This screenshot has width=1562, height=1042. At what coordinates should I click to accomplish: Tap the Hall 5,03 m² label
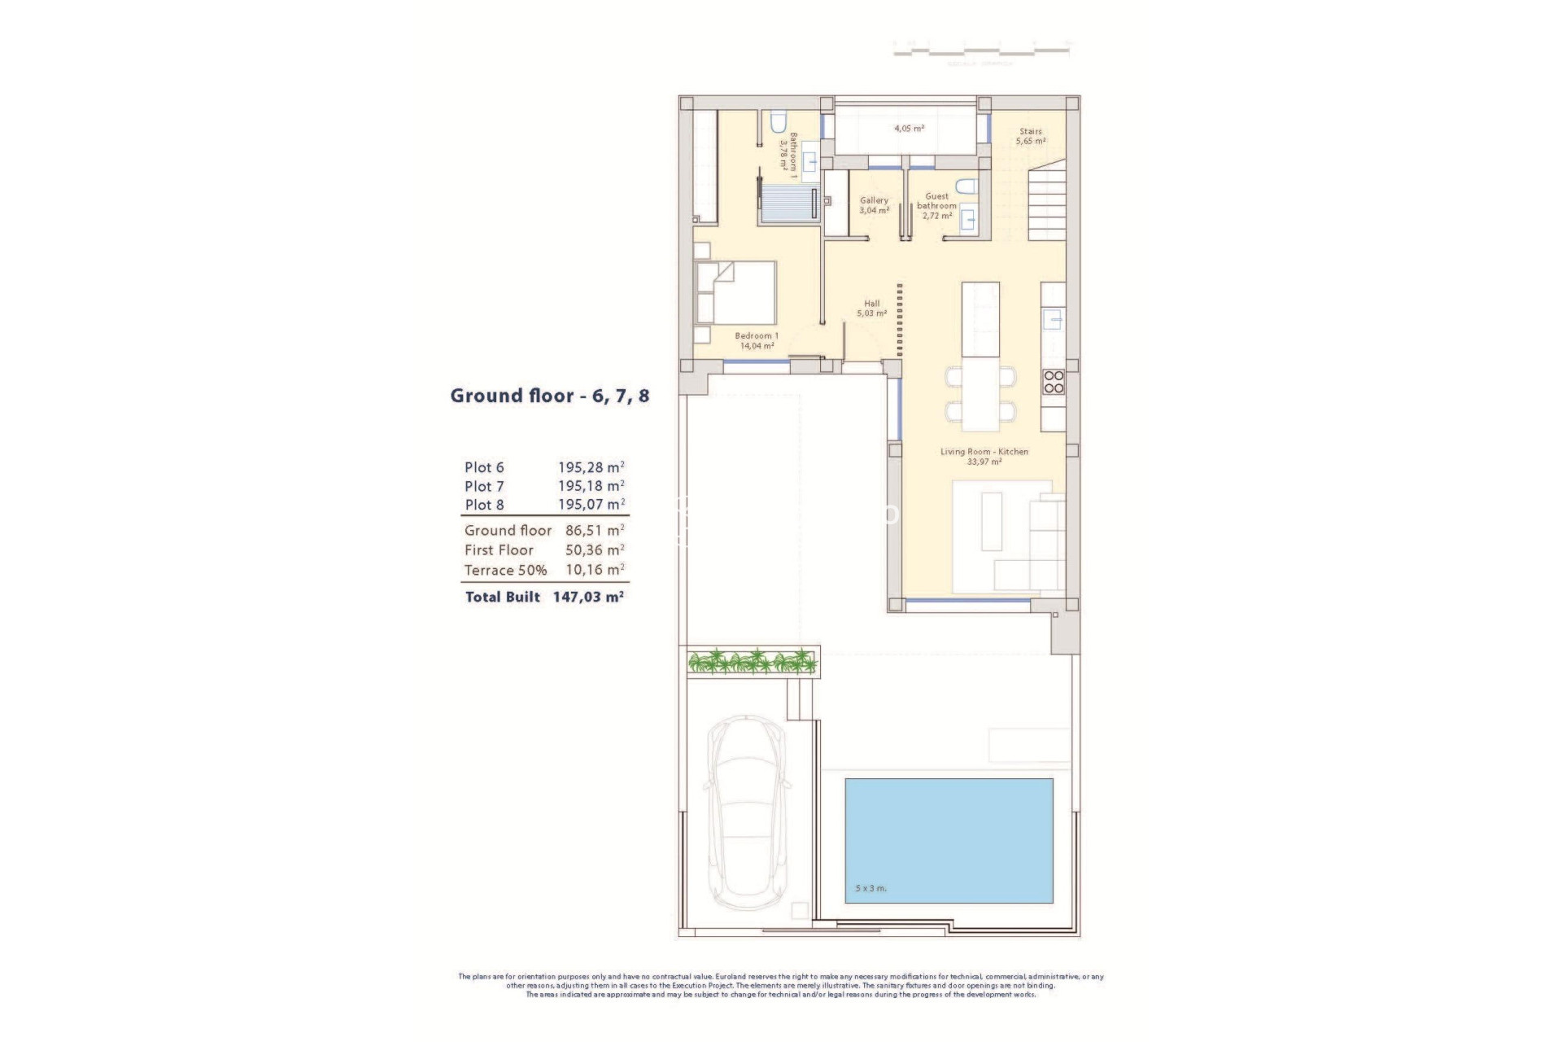[871, 308]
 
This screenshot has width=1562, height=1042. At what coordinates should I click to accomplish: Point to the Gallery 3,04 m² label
[875, 205]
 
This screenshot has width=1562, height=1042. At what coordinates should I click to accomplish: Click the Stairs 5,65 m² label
[1030, 136]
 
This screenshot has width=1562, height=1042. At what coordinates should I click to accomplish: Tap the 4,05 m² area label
[909, 129]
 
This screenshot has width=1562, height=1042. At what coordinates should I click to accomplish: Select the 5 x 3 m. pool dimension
[870, 888]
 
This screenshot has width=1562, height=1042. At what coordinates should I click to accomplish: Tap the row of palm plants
[752, 661]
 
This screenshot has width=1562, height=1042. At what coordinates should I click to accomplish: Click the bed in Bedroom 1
[735, 293]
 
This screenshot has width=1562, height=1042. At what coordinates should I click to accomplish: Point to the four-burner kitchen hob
[1054, 382]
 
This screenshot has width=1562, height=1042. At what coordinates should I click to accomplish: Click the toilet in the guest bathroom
[966, 186]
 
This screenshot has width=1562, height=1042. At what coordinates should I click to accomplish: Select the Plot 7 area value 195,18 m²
[591, 486]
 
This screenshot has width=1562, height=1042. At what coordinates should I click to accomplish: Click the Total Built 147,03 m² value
[588, 597]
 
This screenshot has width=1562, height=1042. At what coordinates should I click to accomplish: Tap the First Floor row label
[499, 550]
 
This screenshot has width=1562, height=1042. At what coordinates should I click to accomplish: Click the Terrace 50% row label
[505, 570]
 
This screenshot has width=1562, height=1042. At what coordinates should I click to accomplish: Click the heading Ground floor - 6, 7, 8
[550, 396]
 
